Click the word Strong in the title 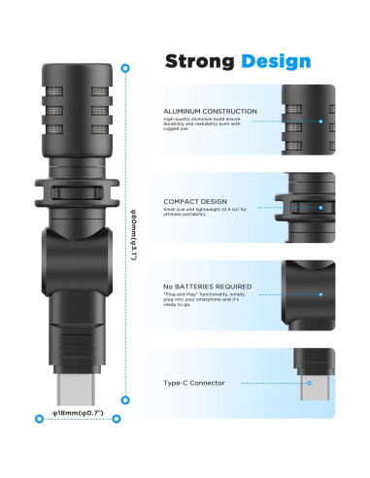[198, 62]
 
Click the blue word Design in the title [277, 62]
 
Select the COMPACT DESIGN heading [195, 200]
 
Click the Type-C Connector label [193, 383]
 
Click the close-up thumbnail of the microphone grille [308, 121]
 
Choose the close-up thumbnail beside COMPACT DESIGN [308, 207]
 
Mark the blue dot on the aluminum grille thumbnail [320, 122]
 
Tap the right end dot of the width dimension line [118, 419]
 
